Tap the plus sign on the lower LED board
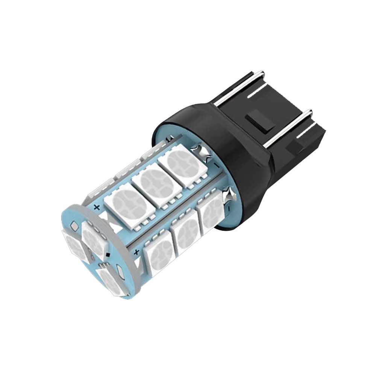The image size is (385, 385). tap(136, 252)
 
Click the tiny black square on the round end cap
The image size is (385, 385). tap(108, 255)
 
